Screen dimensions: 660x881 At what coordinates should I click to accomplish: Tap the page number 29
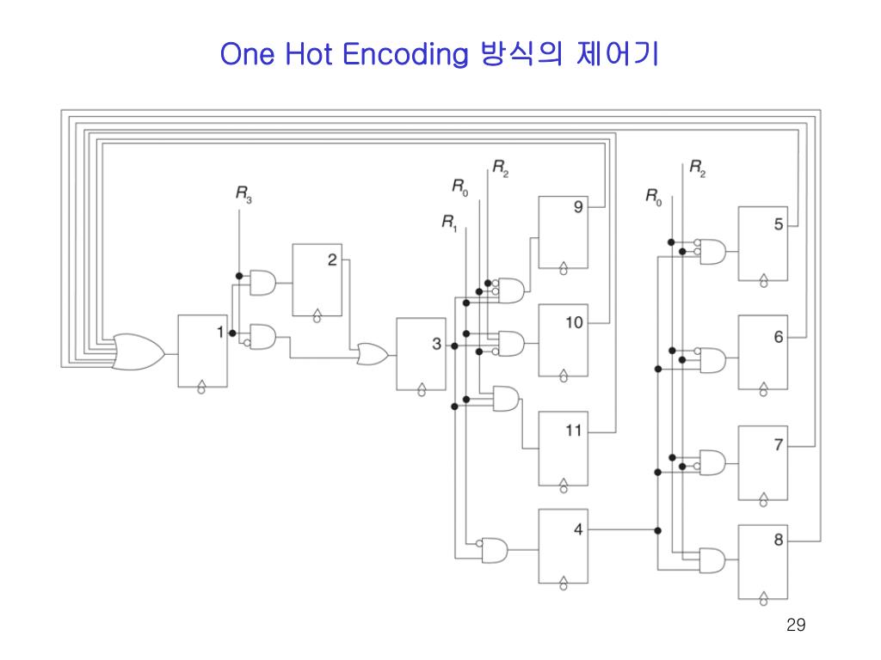796,625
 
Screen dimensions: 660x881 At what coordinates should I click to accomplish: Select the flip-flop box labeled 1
203,351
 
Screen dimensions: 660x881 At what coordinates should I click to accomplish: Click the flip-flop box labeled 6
762,352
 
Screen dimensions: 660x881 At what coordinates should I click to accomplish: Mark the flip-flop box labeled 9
564,232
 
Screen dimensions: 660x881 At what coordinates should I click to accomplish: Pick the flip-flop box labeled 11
564,448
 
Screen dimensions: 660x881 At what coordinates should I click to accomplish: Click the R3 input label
244,195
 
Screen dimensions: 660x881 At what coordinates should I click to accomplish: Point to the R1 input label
450,223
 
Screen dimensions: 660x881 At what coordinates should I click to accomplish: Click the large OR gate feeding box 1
138,351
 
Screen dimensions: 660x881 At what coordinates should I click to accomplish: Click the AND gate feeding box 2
262,281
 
